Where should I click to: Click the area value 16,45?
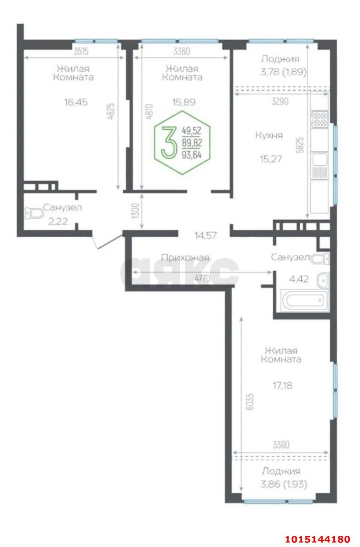[76, 102]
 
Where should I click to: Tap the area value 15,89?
[184, 102]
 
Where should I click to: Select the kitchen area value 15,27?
[271, 159]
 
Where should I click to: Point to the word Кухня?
[269, 135]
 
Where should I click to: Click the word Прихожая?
[185, 257]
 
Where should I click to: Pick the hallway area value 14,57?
[205, 236]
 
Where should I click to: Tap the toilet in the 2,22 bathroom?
[34, 214]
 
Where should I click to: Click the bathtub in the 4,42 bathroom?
[304, 300]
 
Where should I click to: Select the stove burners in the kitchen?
[319, 119]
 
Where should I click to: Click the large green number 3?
[169, 143]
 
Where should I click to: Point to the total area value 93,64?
[192, 155]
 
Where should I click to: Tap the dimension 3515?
[81, 51]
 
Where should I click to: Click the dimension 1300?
[135, 211]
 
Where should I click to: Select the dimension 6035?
[250, 401]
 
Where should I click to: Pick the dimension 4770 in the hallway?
[202, 278]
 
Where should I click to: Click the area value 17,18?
[283, 386]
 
